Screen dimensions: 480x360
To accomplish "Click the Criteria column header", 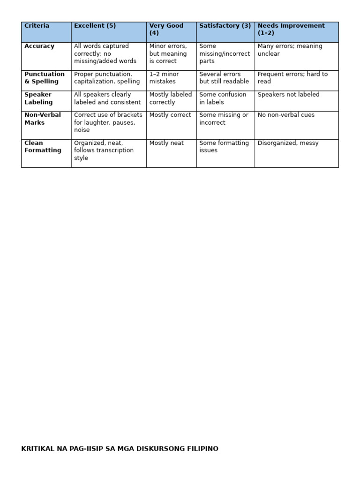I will click(x=37, y=26).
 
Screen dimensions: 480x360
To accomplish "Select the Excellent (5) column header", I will click(x=95, y=26).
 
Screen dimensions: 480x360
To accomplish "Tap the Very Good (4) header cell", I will click(x=166, y=29).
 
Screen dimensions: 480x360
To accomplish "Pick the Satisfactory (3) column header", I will click(x=225, y=26).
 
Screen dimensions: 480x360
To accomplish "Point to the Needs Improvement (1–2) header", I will click(x=291, y=29).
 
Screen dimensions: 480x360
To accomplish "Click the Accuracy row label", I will click(x=39, y=46).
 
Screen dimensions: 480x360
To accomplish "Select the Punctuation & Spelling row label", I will click(x=45, y=78).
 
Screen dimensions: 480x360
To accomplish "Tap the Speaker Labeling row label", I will click(x=38, y=98).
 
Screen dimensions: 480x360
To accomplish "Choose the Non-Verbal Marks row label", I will click(x=43, y=119).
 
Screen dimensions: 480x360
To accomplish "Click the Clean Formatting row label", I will click(x=43, y=147).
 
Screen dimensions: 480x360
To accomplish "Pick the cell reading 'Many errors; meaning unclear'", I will click(x=290, y=50).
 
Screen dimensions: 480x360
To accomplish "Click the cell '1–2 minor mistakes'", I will click(x=164, y=78).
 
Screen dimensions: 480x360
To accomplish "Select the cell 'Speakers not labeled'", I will click(x=288, y=95).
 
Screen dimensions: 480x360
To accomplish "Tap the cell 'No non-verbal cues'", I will click(x=286, y=115).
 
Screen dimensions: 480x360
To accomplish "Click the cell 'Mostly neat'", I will click(x=166, y=143).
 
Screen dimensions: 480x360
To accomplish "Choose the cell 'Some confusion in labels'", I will click(x=223, y=98).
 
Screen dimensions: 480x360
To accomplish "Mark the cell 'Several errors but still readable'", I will click(x=224, y=78).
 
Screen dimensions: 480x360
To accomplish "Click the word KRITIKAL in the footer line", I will click(x=38, y=449).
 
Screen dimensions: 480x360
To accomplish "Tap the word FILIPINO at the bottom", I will click(x=203, y=449).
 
